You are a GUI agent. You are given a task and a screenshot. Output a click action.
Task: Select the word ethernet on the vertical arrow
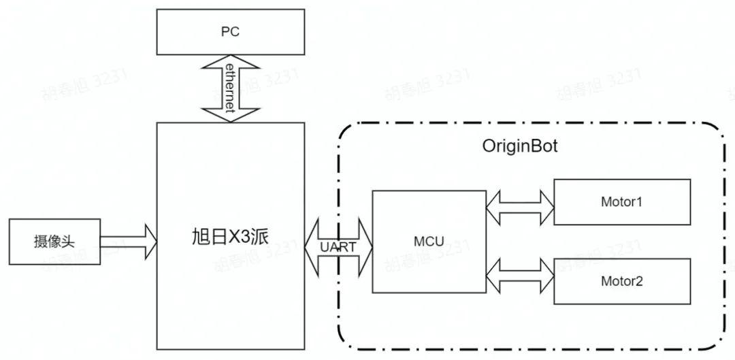coord(231,88)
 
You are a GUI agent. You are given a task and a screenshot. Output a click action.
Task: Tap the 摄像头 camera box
coord(54,242)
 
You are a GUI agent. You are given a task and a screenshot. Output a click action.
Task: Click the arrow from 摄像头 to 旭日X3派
coord(129,242)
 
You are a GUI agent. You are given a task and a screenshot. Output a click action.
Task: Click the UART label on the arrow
coord(338,247)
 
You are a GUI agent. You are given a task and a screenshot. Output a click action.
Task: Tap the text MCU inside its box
coord(429,241)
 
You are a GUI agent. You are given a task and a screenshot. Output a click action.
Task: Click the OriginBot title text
coord(519,146)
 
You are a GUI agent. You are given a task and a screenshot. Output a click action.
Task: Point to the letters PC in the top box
coord(230,32)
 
